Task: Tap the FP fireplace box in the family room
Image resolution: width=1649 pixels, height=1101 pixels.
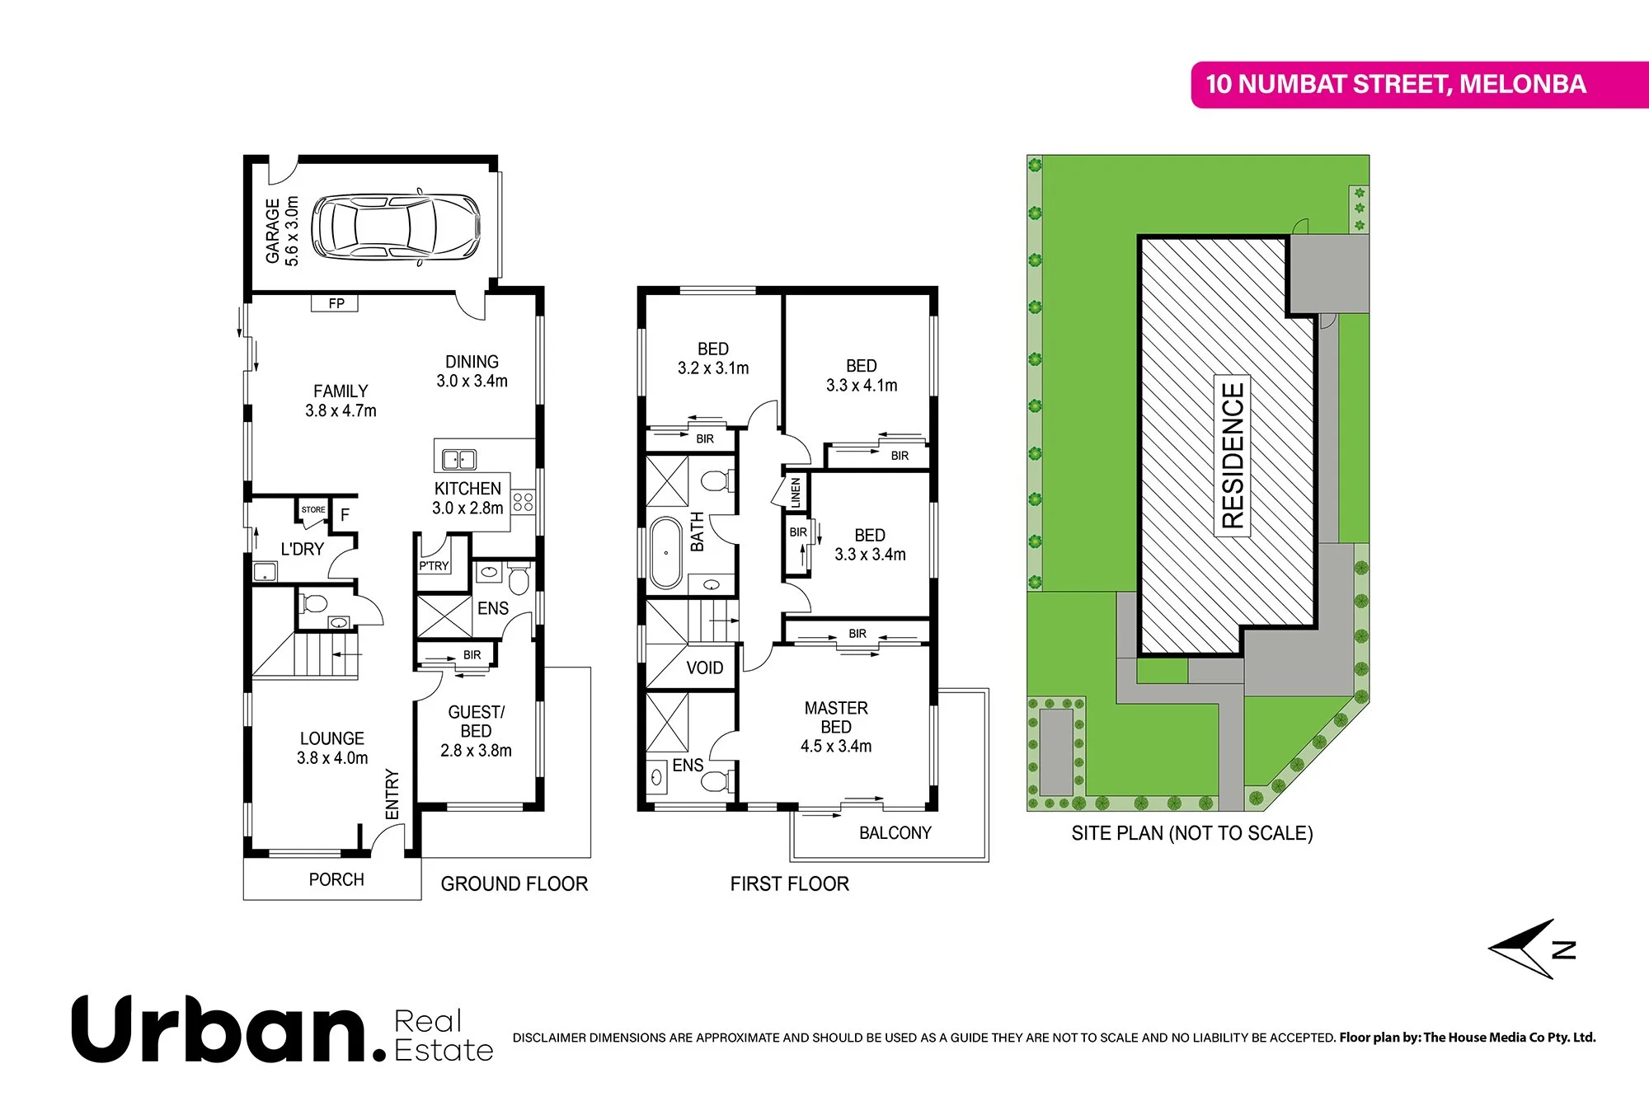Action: (x=335, y=303)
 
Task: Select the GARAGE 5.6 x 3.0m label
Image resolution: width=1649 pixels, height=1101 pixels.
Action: (x=281, y=231)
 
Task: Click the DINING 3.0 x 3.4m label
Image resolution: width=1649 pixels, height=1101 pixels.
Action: (x=472, y=372)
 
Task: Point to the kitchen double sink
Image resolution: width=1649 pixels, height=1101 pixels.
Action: (x=459, y=459)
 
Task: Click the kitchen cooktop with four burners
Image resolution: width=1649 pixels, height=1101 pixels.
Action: (x=523, y=501)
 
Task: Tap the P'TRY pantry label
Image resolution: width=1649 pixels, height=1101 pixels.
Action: (x=434, y=565)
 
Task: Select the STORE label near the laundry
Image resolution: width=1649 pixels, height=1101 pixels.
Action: (x=313, y=509)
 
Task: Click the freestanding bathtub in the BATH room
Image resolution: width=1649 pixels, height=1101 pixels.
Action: (x=665, y=552)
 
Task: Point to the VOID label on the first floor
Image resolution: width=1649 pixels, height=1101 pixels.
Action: (x=704, y=668)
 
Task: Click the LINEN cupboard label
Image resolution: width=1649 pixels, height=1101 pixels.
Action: (x=796, y=492)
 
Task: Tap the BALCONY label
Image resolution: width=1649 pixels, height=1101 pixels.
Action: (x=895, y=833)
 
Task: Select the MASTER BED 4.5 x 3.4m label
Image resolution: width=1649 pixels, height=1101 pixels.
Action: (x=836, y=727)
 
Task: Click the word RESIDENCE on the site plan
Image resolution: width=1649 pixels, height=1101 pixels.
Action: (x=1233, y=455)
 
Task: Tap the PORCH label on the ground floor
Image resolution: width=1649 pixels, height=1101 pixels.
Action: (x=336, y=879)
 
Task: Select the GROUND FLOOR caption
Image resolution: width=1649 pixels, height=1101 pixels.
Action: (x=514, y=883)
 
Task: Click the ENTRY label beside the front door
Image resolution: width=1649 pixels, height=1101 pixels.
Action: (x=392, y=794)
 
